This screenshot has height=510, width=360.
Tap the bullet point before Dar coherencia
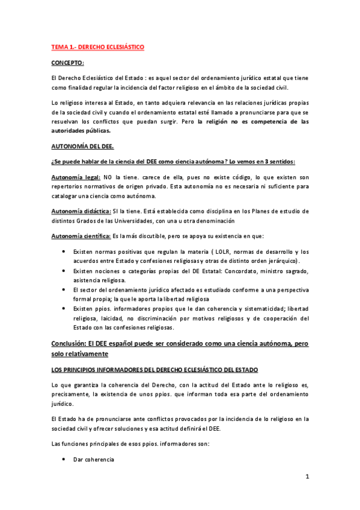tap(64, 459)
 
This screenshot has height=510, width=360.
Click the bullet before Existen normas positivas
tap(64, 251)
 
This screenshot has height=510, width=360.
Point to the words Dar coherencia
tap(90, 459)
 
